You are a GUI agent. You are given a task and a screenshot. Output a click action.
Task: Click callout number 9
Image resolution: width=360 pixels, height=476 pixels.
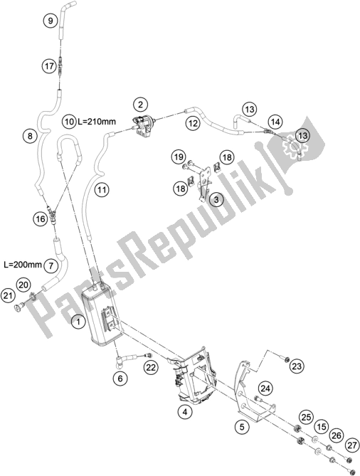click(51, 21)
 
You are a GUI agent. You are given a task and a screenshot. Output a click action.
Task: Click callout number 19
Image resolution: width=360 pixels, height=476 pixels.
click(178, 157)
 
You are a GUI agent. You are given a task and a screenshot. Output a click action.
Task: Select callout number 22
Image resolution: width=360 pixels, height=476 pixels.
click(151, 367)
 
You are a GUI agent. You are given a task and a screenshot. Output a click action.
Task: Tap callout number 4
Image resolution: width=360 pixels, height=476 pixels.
click(184, 411)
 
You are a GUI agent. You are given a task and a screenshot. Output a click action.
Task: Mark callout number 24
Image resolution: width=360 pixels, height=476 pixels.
click(265, 388)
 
